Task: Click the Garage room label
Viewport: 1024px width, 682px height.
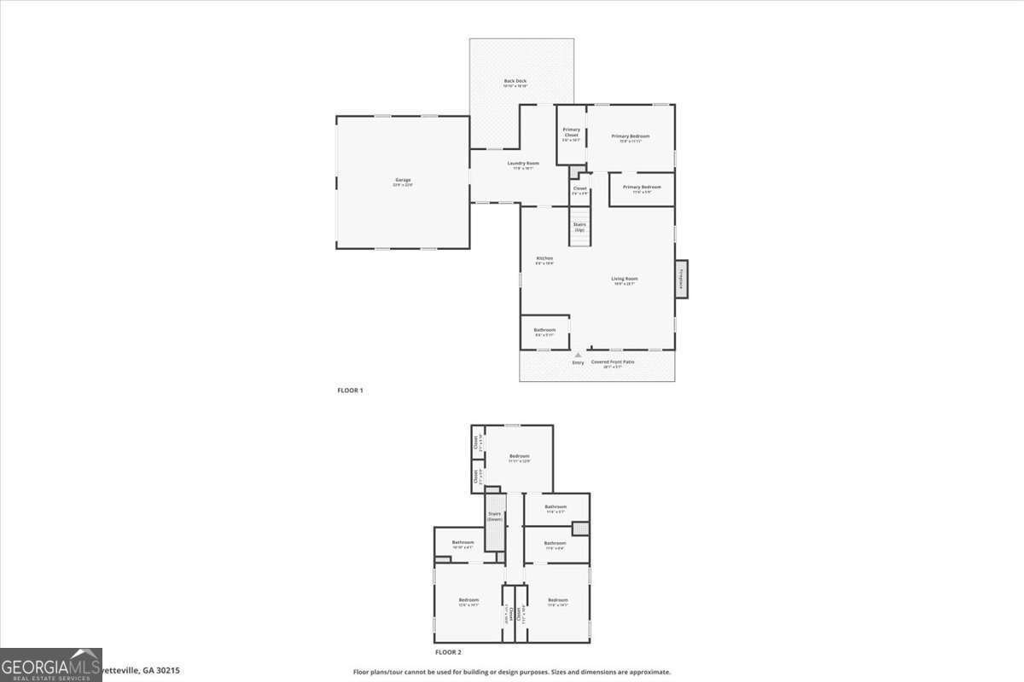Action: [x=402, y=180]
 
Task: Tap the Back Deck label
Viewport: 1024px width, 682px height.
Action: [x=515, y=81]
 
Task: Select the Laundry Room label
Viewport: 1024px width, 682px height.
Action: [x=522, y=164]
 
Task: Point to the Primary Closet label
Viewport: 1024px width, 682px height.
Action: [x=571, y=132]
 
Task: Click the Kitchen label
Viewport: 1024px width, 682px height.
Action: [x=544, y=258]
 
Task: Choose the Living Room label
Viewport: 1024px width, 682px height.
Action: [x=625, y=279]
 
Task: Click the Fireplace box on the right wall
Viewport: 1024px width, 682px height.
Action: [x=682, y=280]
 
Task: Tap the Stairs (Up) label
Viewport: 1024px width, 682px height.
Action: [x=579, y=227]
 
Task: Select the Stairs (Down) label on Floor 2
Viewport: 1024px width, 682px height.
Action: [x=495, y=517]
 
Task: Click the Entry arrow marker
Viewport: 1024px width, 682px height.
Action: [x=578, y=355]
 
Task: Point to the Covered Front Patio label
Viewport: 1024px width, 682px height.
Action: [x=613, y=362]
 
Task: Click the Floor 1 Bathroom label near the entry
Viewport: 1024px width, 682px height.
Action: [x=544, y=330]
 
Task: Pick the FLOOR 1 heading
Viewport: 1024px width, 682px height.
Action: [x=350, y=390]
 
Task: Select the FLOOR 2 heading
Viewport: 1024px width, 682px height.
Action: [x=448, y=652]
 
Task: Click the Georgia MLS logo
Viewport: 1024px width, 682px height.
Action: [x=51, y=665]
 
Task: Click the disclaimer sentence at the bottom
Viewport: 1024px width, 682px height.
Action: [x=512, y=672]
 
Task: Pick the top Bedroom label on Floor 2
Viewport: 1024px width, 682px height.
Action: [x=519, y=457]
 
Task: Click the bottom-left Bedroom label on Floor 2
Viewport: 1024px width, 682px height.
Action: [x=468, y=600]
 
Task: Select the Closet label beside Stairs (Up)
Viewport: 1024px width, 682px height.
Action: [x=579, y=188]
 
